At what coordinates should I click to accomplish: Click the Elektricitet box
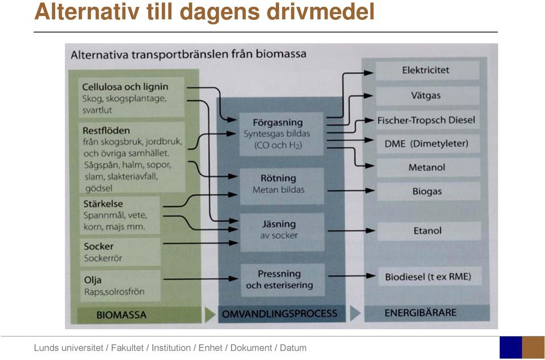click(427, 70)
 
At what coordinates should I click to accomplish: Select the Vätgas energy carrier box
click(427, 95)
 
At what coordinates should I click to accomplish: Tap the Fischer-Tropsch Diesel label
click(426, 120)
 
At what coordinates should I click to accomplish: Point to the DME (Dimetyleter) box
click(428, 144)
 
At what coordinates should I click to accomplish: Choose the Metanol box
click(428, 168)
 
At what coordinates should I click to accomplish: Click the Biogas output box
click(429, 191)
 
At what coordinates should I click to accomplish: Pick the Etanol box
click(429, 231)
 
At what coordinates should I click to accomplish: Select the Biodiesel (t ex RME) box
click(430, 277)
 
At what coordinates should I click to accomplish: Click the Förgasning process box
click(281, 134)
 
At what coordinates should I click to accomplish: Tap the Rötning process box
click(282, 186)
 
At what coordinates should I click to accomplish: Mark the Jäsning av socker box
click(282, 232)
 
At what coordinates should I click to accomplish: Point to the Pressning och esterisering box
click(283, 280)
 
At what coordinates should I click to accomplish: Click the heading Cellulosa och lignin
click(125, 87)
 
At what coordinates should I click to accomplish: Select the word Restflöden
click(106, 131)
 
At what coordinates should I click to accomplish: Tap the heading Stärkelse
click(103, 204)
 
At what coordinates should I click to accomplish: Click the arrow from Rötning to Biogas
click(351, 190)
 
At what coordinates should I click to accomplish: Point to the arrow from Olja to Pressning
click(200, 279)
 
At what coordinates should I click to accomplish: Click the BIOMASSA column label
click(121, 315)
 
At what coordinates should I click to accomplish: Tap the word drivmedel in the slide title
click(320, 11)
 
